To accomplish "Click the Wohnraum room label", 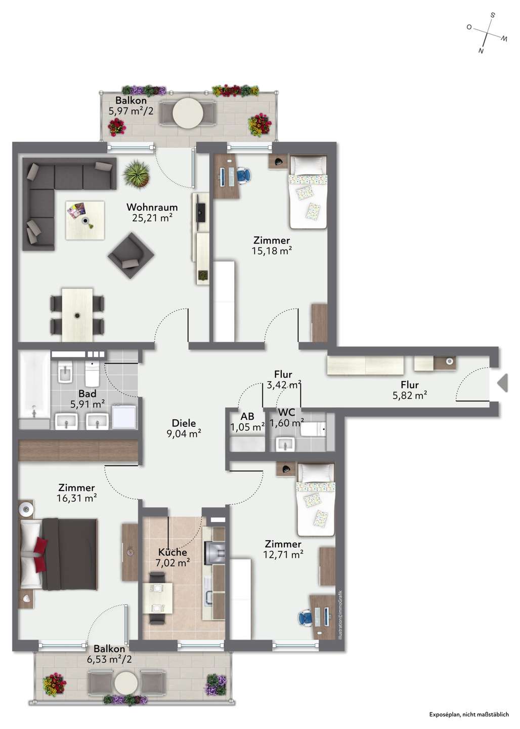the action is click(x=152, y=207).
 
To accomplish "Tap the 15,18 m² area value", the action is click(x=272, y=251).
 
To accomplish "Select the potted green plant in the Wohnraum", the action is click(x=137, y=174).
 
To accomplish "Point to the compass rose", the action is click(x=487, y=33).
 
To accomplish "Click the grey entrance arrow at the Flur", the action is click(x=503, y=383).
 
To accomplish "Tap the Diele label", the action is click(x=184, y=423).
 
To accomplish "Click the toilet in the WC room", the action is click(x=313, y=429).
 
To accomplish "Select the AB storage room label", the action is click(x=247, y=416).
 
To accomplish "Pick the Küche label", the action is click(x=172, y=552).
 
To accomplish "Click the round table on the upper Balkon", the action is click(x=188, y=113).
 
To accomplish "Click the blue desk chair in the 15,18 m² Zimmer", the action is click(x=244, y=175).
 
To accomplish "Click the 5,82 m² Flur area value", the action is click(x=410, y=395).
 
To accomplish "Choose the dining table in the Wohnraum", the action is click(x=77, y=314).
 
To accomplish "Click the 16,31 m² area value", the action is click(x=76, y=498).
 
